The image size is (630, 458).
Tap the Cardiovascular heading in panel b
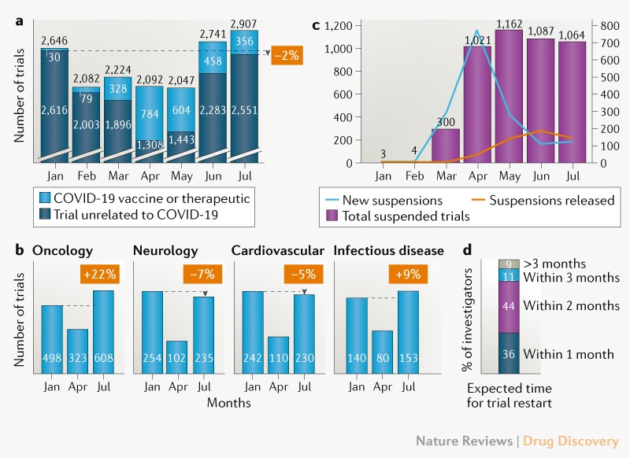278,250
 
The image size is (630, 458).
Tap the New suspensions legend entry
384,200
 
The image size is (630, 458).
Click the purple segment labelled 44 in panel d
510,305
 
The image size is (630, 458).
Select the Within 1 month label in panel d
569,354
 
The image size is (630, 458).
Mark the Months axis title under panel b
229,402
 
